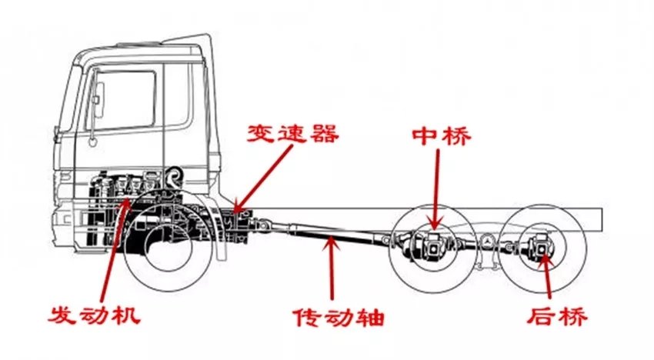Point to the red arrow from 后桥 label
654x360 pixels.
(x=547, y=277)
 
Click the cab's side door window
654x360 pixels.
(x=127, y=100)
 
